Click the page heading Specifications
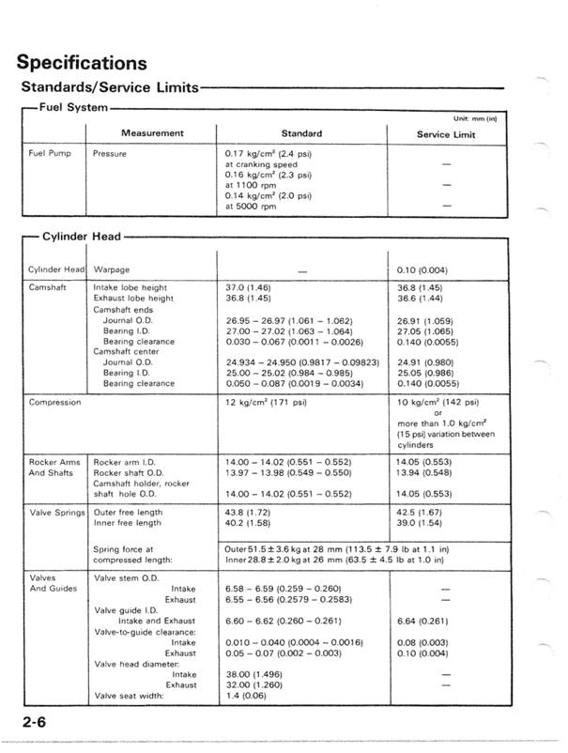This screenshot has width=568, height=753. click(x=83, y=63)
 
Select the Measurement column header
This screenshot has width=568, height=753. click(x=150, y=133)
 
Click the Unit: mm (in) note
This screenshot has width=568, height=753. click(x=474, y=118)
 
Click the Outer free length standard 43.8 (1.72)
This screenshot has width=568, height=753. click(x=249, y=515)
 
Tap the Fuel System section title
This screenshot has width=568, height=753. click(x=72, y=108)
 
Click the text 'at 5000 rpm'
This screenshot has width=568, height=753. click(x=252, y=207)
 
